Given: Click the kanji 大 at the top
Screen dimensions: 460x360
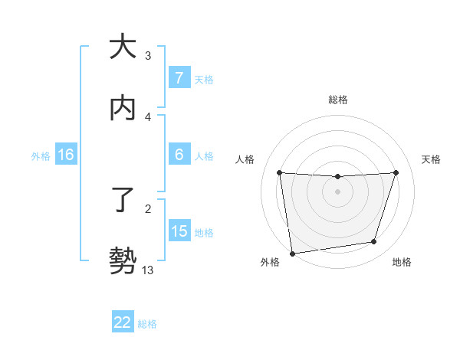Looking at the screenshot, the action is coord(123,47).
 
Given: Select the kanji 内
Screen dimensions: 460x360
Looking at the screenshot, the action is coord(123,109).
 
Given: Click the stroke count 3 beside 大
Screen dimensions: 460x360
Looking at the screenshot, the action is coord(148,55).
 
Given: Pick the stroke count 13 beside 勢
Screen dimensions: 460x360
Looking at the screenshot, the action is coord(148,270).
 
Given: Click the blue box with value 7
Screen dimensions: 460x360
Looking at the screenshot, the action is coord(179,77).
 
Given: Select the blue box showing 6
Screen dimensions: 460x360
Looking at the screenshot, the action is coord(179,155).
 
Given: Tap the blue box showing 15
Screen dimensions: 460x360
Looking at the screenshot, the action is coord(179,231).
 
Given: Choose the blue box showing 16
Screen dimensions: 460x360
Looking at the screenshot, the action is coord(65,155).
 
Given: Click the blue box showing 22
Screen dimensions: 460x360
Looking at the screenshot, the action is coord(123,322).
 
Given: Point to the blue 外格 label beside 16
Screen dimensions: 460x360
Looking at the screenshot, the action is coord(41,155).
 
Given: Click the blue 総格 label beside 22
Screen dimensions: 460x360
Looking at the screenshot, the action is coord(147,323).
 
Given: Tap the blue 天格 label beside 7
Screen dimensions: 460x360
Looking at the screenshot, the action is coord(204,78).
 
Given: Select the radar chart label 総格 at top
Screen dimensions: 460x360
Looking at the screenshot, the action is coord(337,100).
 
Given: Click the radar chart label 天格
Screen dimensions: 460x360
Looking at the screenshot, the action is coord(431,159).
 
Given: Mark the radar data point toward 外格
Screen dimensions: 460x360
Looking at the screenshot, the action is coord(292,253).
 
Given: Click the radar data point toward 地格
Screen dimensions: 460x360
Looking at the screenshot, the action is coord(374,242).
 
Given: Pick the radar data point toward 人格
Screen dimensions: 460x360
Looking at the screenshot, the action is coord(279,172).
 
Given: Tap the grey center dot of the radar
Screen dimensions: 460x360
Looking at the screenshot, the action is coord(337,191).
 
